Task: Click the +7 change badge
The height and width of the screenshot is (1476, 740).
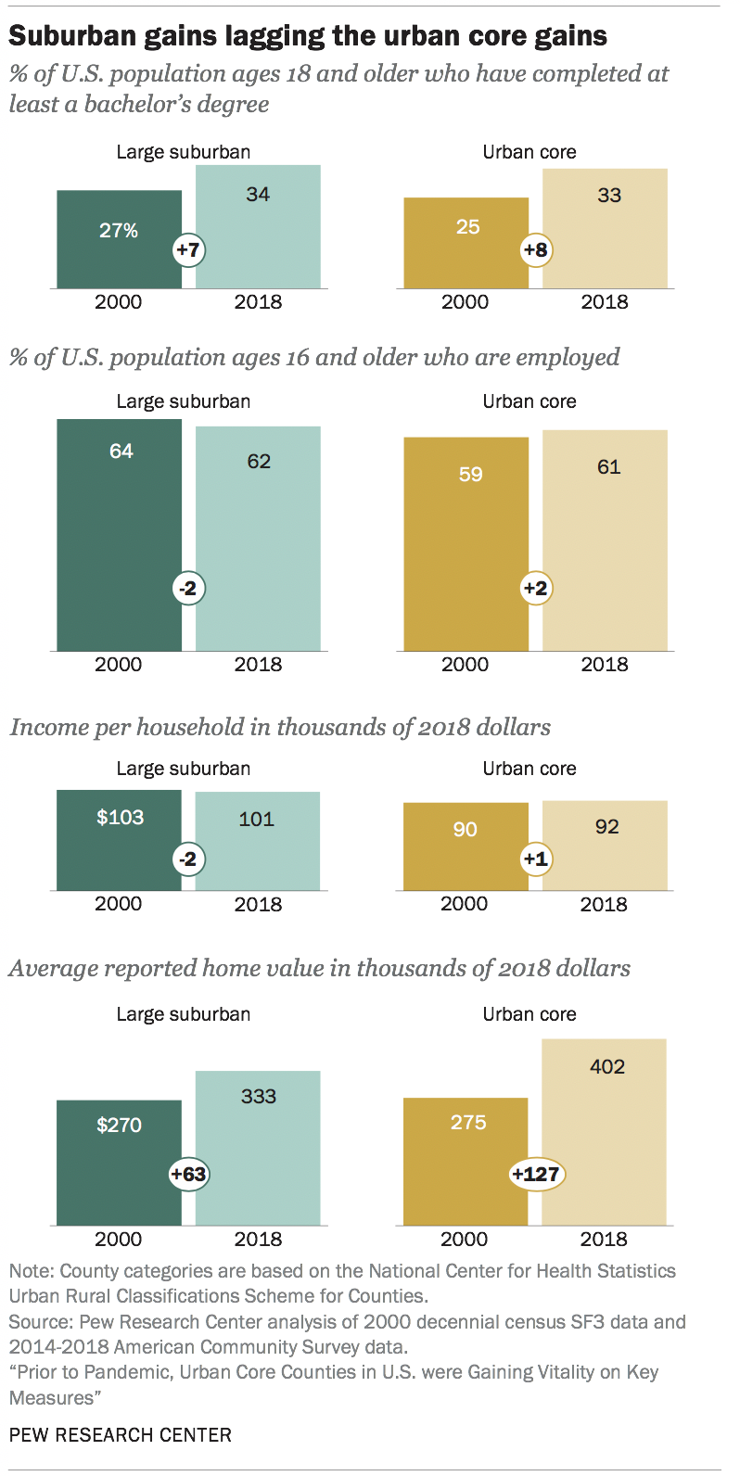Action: (x=188, y=250)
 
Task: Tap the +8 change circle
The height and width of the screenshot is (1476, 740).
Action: (x=535, y=250)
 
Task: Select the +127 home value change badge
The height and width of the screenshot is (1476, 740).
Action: (x=536, y=1174)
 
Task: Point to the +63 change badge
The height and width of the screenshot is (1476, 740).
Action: (x=188, y=1174)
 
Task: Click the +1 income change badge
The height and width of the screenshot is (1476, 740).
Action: (x=535, y=859)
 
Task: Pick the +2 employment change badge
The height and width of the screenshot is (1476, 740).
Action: (x=535, y=589)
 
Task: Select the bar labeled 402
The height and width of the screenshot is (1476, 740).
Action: (x=605, y=1131)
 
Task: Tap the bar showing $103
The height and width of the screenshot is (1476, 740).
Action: (x=119, y=840)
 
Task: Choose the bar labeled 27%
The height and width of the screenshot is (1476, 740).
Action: (x=119, y=239)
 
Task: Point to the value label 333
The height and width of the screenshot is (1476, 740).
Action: (x=259, y=1096)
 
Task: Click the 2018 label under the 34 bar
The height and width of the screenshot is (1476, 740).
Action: (x=258, y=302)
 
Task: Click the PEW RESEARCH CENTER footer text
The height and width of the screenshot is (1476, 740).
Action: (x=121, y=1435)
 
